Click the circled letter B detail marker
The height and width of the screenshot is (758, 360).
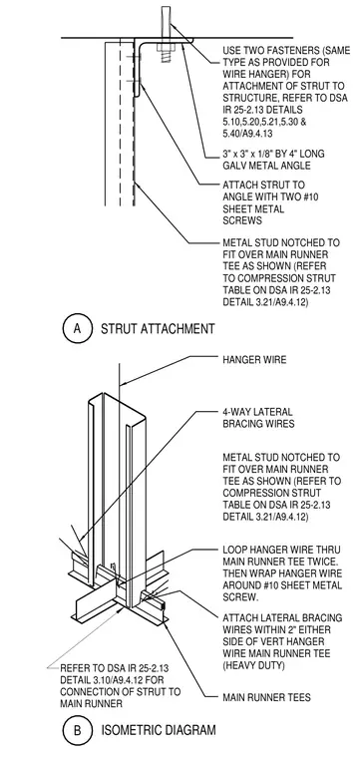pyautogui.click(x=77, y=730)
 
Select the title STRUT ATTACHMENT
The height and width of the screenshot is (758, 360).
pyautogui.click(x=158, y=330)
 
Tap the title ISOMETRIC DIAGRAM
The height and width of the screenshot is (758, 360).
pyautogui.click(x=159, y=730)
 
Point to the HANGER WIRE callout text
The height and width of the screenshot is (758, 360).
pyautogui.click(x=254, y=360)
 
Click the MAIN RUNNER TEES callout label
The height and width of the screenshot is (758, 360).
pyautogui.click(x=266, y=697)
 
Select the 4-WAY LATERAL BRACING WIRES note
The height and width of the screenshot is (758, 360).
pyautogui.click(x=257, y=418)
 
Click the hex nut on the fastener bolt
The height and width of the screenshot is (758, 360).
pyautogui.click(x=166, y=48)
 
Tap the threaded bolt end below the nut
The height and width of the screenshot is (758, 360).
pyautogui.click(x=166, y=58)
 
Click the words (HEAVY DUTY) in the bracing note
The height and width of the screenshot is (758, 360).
pyautogui.click(x=253, y=665)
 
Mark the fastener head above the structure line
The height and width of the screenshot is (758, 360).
pyautogui.click(x=166, y=21)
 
